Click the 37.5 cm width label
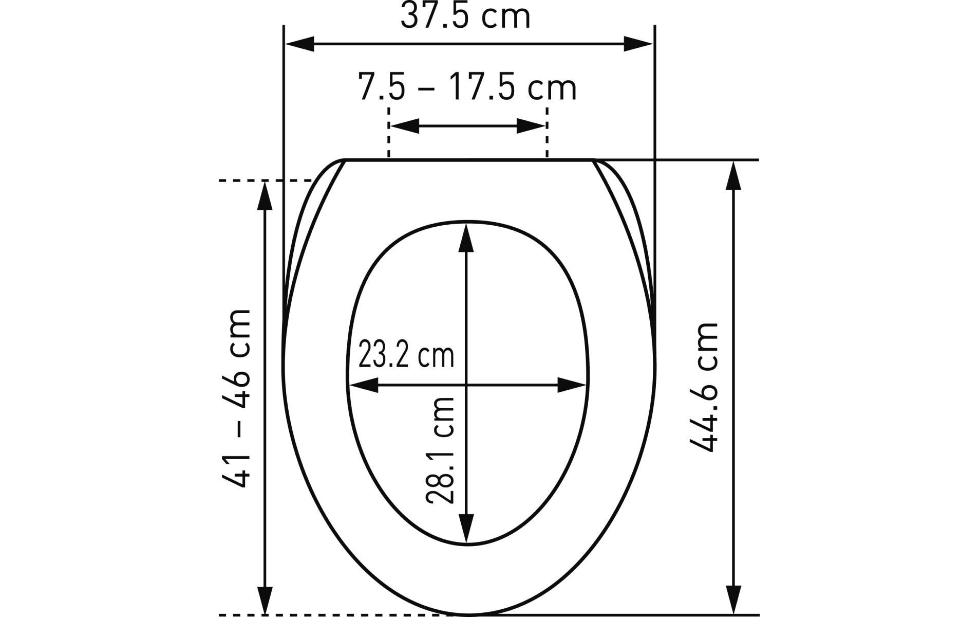(465, 16)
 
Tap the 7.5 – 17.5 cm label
(467, 88)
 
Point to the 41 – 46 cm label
(236, 398)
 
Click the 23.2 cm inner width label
(406, 355)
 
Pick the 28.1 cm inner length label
(440, 449)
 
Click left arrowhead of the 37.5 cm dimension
(299, 44)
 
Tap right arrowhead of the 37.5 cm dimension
(638, 44)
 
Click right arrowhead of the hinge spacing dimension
(531, 125)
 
